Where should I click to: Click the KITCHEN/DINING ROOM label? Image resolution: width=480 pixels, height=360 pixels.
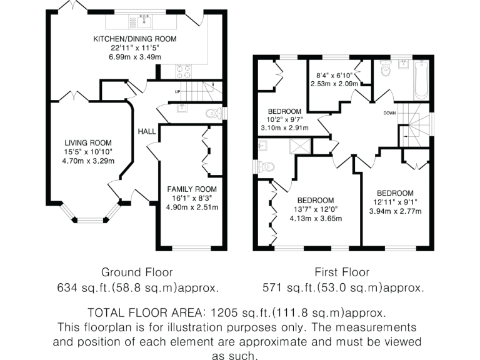pyautogui.click(x=134, y=39)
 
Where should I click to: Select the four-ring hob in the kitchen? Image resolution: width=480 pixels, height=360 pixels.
pyautogui.click(x=183, y=71)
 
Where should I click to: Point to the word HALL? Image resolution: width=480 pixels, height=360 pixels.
pyautogui.click(x=147, y=131)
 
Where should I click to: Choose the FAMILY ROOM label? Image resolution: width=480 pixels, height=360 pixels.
pyautogui.click(x=192, y=189)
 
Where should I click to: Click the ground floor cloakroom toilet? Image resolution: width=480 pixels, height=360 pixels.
pyautogui.click(x=215, y=114)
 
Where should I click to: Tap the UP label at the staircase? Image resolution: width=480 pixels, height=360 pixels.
pyautogui.click(x=177, y=91)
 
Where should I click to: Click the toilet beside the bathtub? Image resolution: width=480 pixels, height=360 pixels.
pyautogui.click(x=385, y=71)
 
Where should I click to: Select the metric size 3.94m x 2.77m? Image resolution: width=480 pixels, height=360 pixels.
pyautogui.click(x=395, y=211)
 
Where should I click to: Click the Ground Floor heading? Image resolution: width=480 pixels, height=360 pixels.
pyautogui.click(x=137, y=272)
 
